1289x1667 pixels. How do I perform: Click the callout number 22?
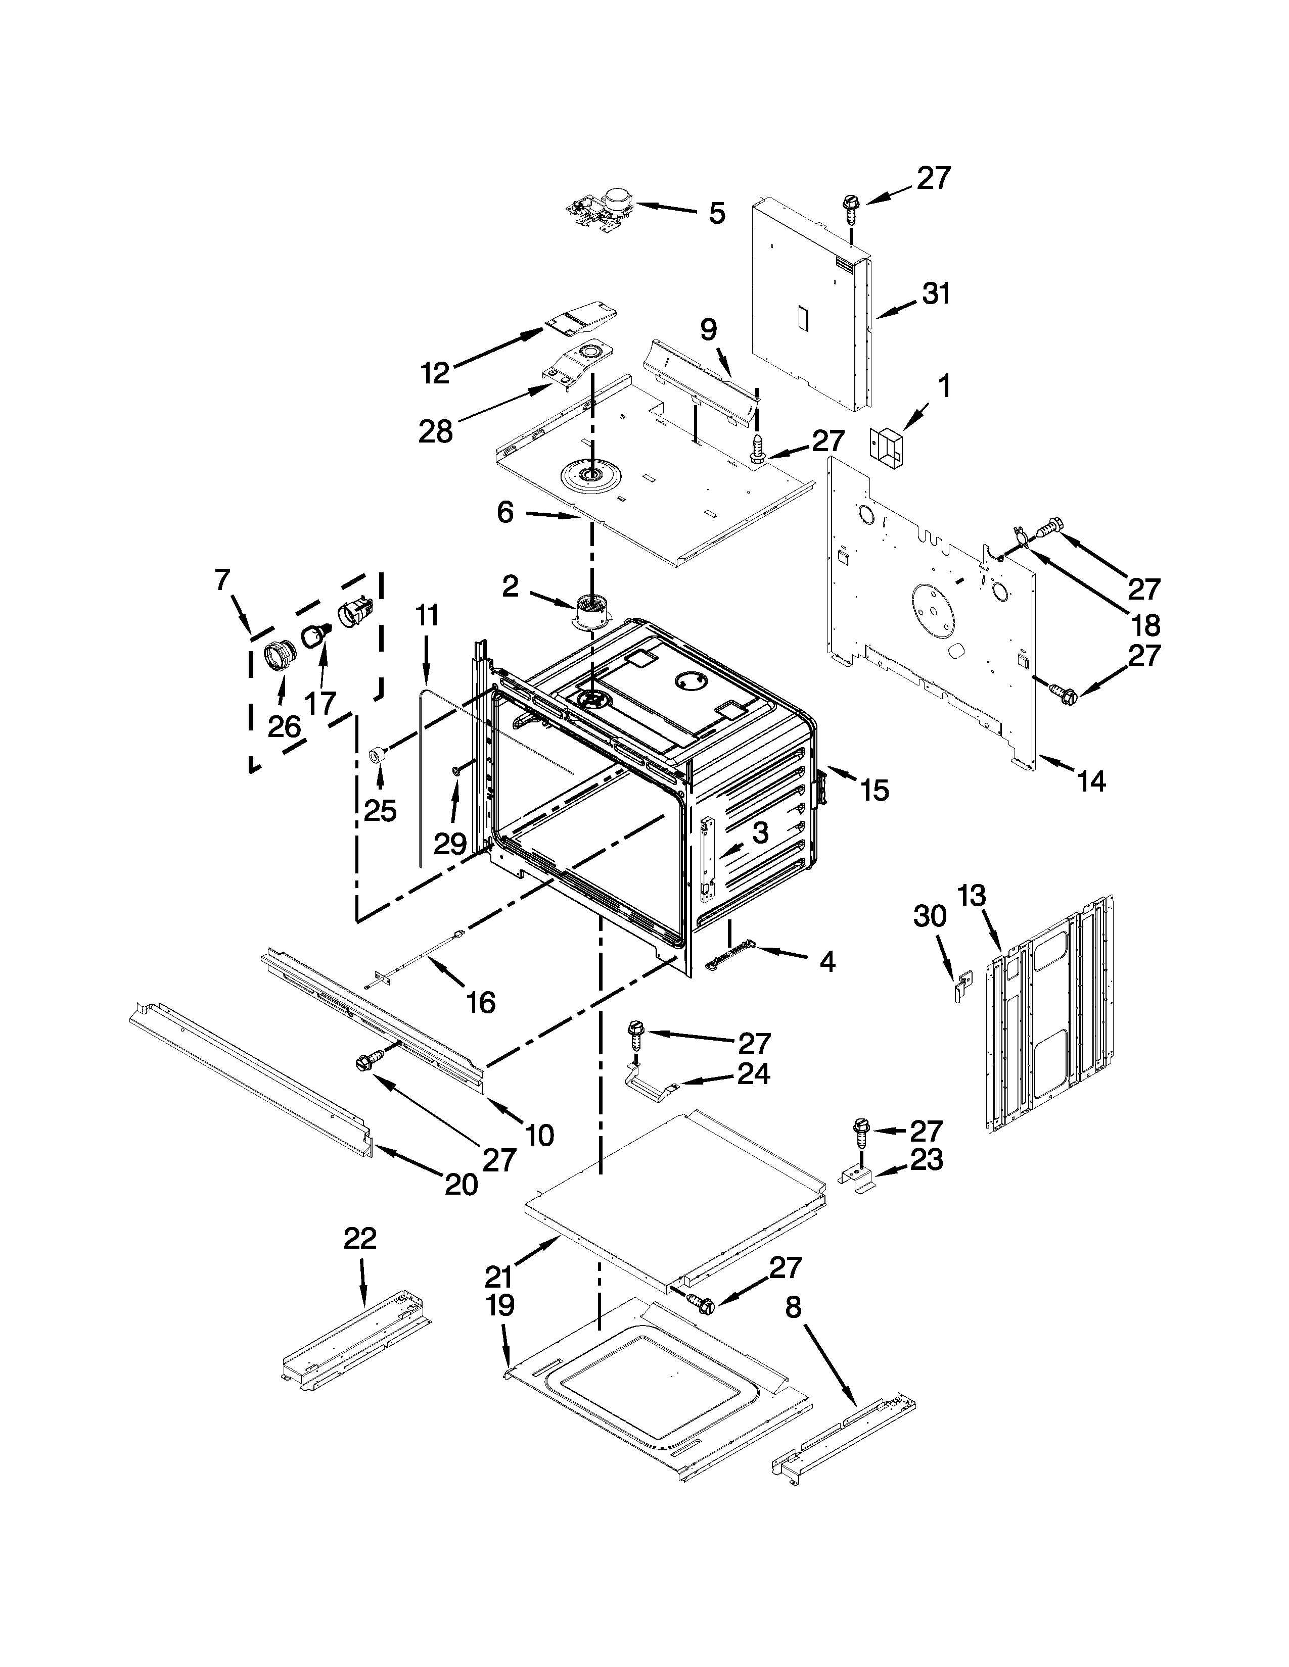coord(360,1238)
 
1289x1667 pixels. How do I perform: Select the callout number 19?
coord(500,1305)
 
